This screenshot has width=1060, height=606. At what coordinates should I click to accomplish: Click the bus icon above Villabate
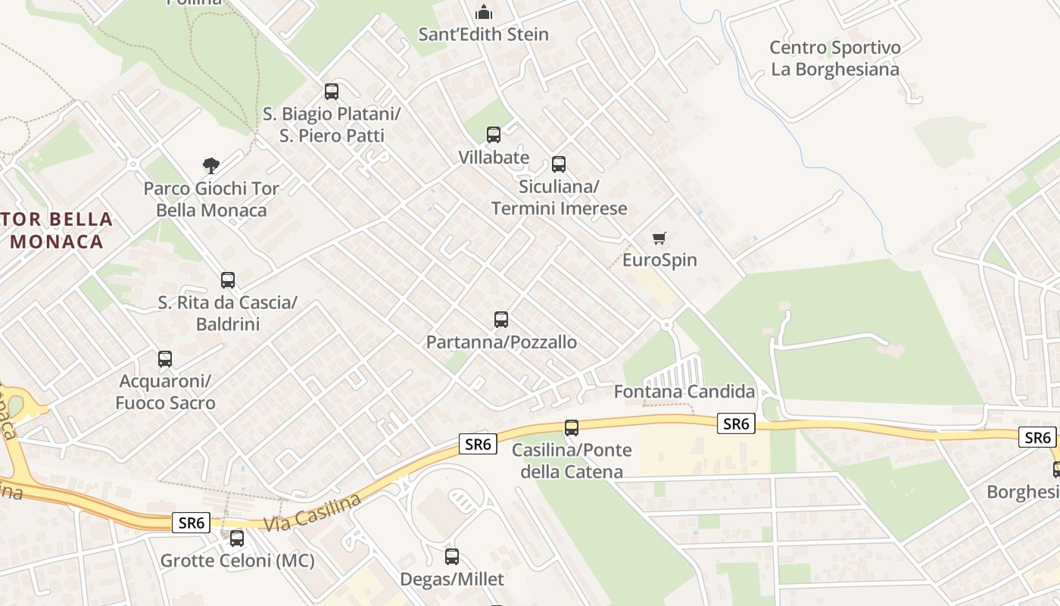[x=494, y=135]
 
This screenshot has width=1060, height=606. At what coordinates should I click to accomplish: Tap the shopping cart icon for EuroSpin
[x=659, y=239]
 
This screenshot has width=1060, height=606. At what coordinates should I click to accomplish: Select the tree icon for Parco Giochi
[x=211, y=165]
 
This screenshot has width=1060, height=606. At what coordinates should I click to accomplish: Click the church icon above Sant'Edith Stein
[x=483, y=12]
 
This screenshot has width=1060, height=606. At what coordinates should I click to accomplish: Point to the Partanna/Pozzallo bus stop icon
[x=500, y=320]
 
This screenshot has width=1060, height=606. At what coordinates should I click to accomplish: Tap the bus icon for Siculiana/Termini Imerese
[x=559, y=164]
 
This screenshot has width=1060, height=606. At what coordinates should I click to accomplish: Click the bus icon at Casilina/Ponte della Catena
[x=572, y=428]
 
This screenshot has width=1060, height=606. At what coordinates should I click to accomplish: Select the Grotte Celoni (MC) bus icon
[x=237, y=539]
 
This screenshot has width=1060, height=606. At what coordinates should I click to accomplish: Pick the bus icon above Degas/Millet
[x=452, y=557]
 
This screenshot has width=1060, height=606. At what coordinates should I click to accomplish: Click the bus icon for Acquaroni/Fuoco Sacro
[x=165, y=359]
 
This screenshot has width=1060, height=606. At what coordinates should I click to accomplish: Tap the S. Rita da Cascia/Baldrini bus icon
[x=228, y=280]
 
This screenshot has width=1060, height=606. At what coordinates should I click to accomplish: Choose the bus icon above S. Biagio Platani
[x=332, y=92]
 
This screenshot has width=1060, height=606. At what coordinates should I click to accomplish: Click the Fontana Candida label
[x=684, y=392]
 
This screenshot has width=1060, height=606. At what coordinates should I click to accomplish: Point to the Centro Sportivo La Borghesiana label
[x=835, y=58]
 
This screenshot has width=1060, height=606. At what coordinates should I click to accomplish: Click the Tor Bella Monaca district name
[x=58, y=230]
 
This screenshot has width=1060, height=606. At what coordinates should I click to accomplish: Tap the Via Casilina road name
[x=313, y=512]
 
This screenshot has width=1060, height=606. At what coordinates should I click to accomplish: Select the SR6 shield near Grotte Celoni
[x=192, y=523]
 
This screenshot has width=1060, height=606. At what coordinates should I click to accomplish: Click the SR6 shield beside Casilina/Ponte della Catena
[x=479, y=444]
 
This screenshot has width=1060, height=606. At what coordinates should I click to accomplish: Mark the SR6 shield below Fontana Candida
[x=736, y=424]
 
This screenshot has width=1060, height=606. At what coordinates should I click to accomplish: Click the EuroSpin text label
[x=659, y=260]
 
